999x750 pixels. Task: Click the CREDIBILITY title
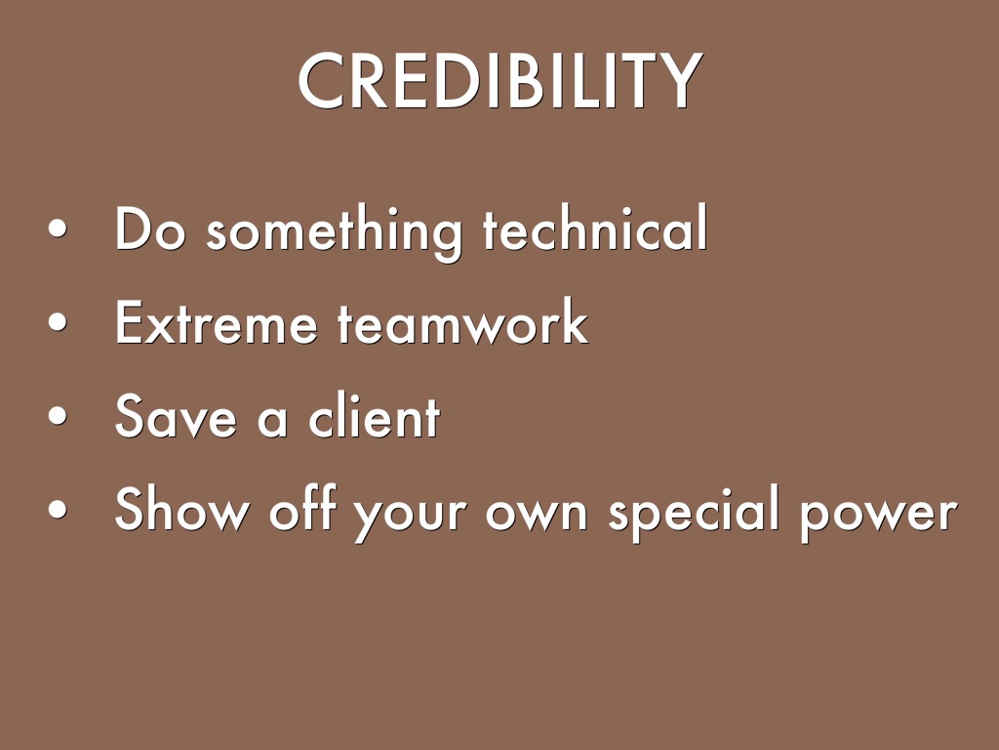click(500, 81)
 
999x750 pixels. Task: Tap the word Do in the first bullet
click(149, 229)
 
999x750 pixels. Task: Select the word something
click(334, 232)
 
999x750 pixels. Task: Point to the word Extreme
click(216, 322)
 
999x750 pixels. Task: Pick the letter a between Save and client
click(272, 421)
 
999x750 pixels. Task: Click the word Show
click(182, 508)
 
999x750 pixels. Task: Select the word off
click(302, 508)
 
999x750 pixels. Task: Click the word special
click(694, 513)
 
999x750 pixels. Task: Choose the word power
click(879, 518)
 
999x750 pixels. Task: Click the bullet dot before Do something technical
click(58, 229)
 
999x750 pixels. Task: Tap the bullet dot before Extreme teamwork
click(58, 321)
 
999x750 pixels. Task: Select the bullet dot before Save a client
click(58, 415)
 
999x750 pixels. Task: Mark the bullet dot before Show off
click(58, 509)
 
